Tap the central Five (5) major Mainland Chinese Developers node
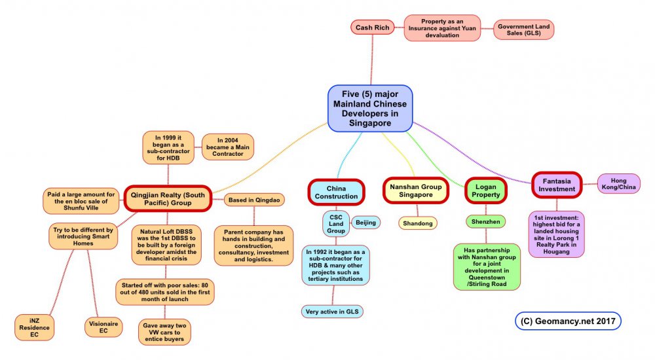coord(369,108)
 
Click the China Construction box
coord(336,192)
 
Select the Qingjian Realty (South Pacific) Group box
coord(168,198)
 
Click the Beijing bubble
coord(366,223)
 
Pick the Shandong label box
coord(417,223)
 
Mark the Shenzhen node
coord(485,222)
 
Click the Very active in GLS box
coord(333,312)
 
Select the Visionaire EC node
coord(103,327)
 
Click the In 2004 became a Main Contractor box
coord(227,147)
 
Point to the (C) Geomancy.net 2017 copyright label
coord(568,321)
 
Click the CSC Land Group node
coord(336,223)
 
